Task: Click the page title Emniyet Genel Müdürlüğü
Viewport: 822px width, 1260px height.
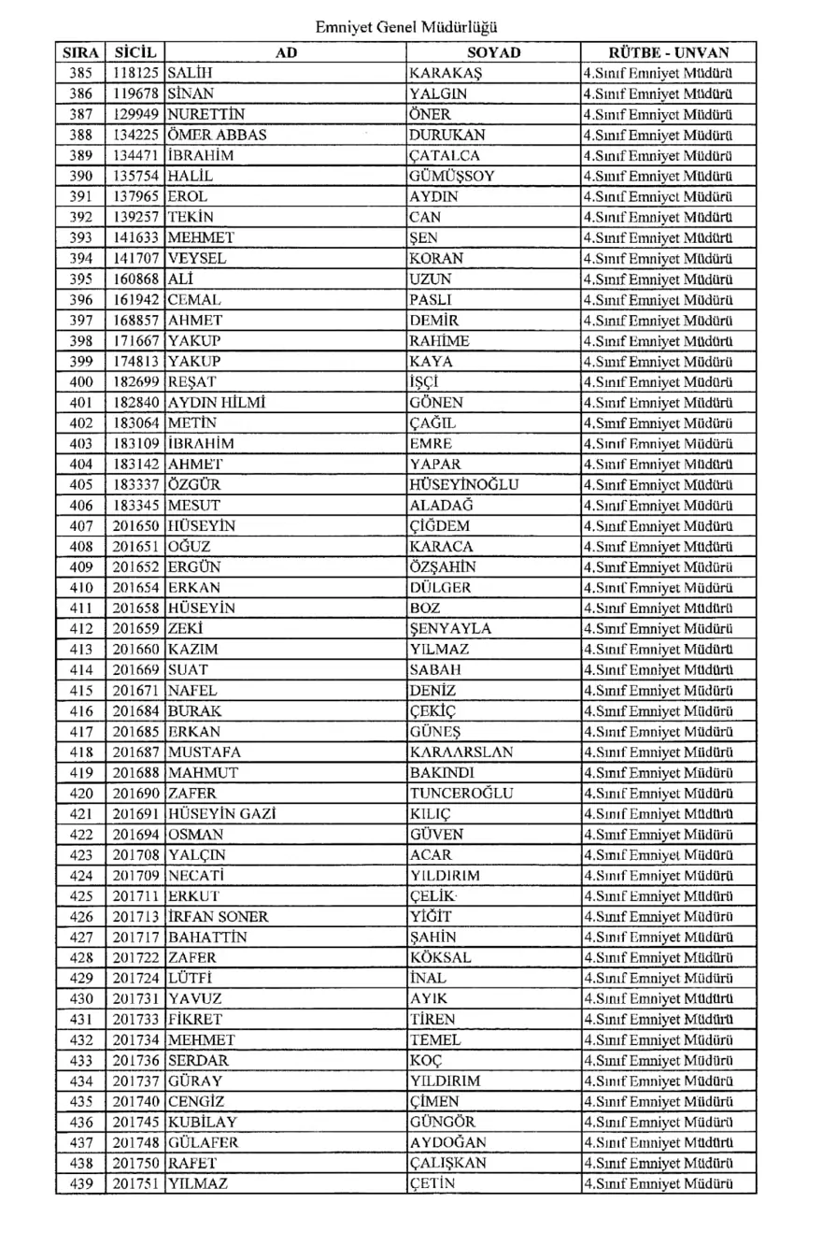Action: coord(412,28)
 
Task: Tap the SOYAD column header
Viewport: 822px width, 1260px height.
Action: coord(492,52)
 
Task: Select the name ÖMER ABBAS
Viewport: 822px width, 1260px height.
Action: coord(217,134)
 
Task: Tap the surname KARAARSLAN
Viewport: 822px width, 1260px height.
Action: coord(461,752)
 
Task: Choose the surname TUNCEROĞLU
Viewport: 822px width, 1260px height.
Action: coord(461,793)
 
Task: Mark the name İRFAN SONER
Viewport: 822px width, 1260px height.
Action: coord(218,916)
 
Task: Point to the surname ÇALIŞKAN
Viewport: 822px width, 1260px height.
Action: coord(448,1163)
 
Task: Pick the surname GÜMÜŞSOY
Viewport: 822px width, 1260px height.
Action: coord(452,175)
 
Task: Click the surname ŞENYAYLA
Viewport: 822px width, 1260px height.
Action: coord(451,628)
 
